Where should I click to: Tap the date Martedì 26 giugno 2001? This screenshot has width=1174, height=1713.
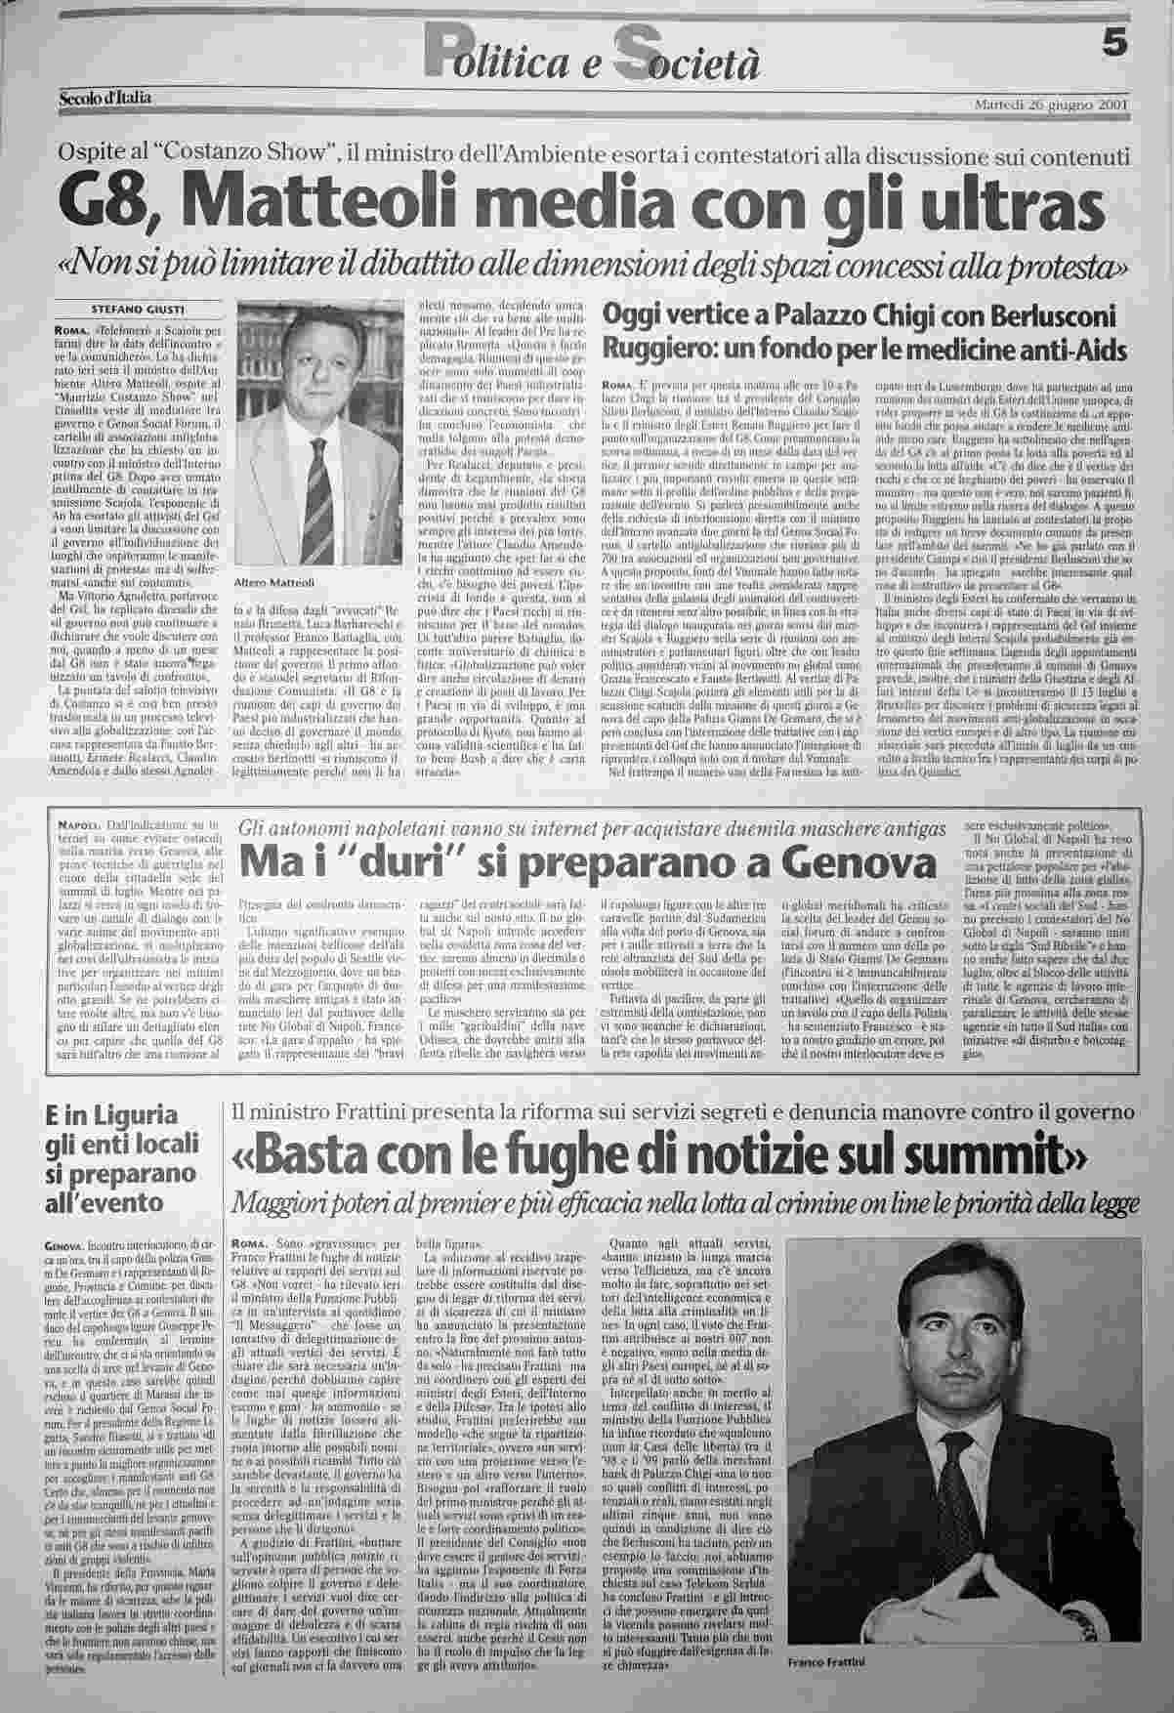[1052, 104]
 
